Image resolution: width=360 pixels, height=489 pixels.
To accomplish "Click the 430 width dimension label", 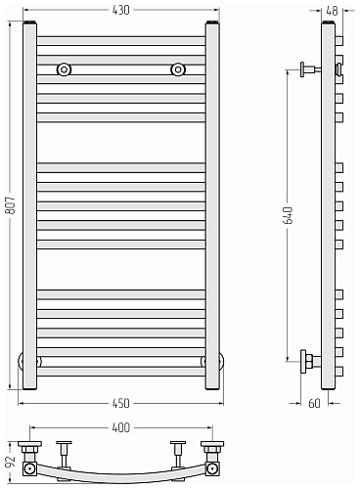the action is click(x=121, y=10).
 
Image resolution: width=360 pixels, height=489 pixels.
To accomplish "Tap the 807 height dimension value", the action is click(x=10, y=205).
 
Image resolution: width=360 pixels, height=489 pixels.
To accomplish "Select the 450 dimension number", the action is click(x=121, y=403).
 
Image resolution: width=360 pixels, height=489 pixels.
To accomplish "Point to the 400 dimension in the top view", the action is click(x=121, y=427).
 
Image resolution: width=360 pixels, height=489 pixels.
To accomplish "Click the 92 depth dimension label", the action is click(x=11, y=462).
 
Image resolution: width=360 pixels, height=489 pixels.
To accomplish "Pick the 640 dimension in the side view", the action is click(x=288, y=215).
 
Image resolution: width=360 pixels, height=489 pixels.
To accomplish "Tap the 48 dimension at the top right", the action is click(x=332, y=11).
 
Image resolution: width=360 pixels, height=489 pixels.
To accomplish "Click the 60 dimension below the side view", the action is click(x=314, y=403).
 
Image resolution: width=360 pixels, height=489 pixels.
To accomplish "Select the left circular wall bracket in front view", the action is click(x=64, y=69).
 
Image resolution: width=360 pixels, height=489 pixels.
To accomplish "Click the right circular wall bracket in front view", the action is click(x=178, y=69).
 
